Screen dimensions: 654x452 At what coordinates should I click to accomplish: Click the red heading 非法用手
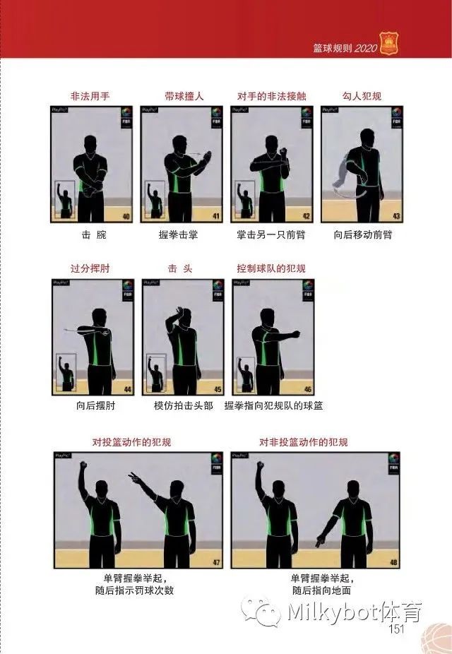tap(90, 95)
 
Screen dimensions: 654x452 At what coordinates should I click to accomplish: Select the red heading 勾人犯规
tap(362, 95)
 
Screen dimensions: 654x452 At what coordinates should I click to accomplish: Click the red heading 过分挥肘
tap(90, 268)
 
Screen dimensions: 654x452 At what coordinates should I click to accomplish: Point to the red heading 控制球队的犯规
tap(271, 268)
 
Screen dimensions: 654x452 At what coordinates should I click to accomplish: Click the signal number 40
tap(126, 216)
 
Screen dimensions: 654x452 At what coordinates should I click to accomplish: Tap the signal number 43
tap(397, 216)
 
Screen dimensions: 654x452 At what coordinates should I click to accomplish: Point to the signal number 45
tap(218, 389)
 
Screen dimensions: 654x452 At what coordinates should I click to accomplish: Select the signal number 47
tap(216, 563)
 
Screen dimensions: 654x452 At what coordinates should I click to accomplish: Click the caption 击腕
tap(90, 234)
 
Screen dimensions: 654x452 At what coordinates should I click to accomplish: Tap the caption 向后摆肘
tap(91, 406)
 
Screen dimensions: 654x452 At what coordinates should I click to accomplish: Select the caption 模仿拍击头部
tap(182, 406)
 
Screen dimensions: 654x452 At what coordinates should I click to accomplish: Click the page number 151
tap(395, 629)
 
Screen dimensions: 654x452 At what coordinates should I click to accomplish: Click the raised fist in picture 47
tap(83, 466)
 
